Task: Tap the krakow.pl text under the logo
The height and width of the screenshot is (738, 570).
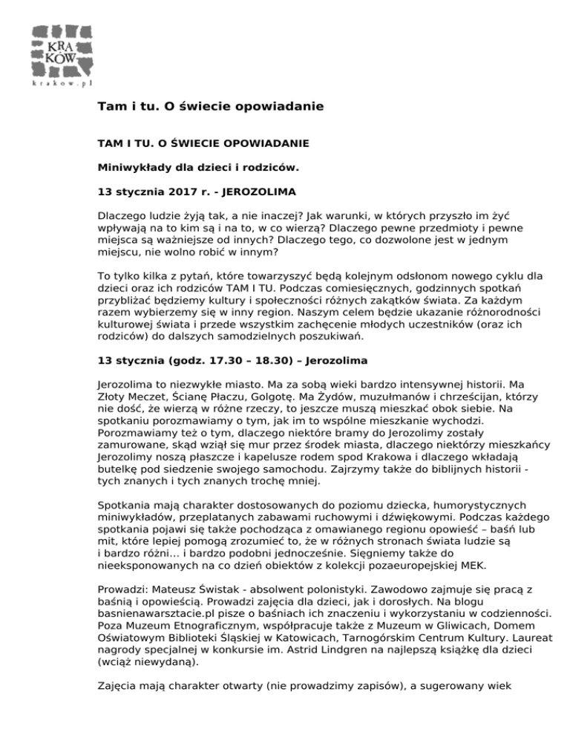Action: coord(64,84)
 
